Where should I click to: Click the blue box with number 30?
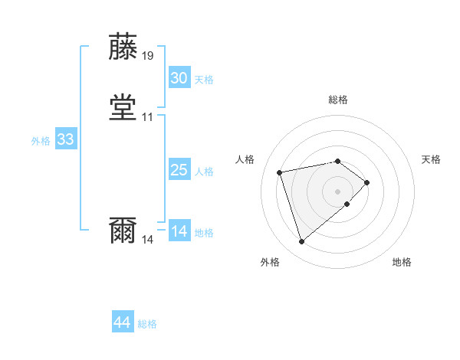[x=179, y=78]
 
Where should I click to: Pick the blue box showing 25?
[x=179, y=170]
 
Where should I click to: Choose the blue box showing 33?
[x=65, y=140]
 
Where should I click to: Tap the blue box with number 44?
[x=123, y=322]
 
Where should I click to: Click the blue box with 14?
[x=179, y=231]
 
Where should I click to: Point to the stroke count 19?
[x=147, y=56]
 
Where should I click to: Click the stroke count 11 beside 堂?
[x=147, y=117]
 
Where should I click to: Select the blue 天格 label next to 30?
[x=204, y=80]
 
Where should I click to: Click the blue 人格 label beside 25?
[x=204, y=172]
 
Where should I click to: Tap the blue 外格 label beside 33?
[x=41, y=141]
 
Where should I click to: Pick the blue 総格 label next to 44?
[x=147, y=324]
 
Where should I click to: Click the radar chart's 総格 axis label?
[x=338, y=100]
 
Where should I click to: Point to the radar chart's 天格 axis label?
[x=432, y=159]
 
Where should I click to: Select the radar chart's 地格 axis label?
[x=402, y=262]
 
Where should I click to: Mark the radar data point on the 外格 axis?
[x=301, y=242]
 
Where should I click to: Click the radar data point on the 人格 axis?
[x=280, y=172]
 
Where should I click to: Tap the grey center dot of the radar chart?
[x=338, y=191]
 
